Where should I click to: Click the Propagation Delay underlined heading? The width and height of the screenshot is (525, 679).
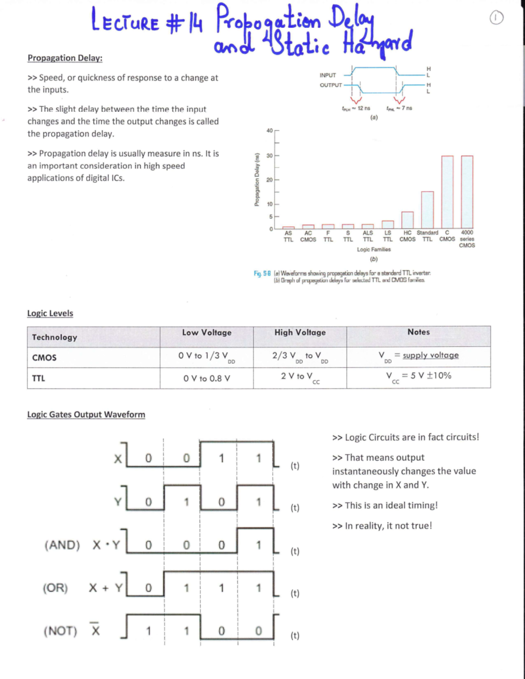coord(65,58)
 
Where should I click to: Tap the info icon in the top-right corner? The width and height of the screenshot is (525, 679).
coord(496,18)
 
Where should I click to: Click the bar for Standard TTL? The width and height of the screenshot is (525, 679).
coord(427,209)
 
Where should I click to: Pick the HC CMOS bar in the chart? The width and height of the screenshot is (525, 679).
coord(407,220)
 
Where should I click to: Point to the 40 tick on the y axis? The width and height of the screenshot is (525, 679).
coord(269,131)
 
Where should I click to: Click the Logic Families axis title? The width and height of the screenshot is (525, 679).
coord(374,249)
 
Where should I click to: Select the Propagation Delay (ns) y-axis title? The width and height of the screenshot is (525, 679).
coord(257,179)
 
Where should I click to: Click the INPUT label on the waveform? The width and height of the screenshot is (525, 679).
coord(328,75)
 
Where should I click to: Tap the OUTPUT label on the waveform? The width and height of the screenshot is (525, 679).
coord(330,85)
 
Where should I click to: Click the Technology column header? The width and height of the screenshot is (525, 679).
coord(54,337)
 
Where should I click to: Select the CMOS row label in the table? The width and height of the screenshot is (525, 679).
coord(44,358)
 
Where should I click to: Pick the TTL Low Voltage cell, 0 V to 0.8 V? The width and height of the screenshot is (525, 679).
coord(206,378)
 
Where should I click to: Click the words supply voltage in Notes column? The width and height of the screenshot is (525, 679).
coord(430,355)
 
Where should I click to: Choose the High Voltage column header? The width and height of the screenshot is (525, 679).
coord(300,332)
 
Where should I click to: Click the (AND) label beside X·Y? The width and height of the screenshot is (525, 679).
coord(62,545)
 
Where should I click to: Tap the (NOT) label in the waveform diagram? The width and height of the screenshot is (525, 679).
coord(60,631)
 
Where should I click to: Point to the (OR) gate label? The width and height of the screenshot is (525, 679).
coord(55,588)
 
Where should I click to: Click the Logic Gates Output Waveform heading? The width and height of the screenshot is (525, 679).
coord(86,414)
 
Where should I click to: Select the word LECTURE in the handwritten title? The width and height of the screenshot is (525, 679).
coord(125,22)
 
